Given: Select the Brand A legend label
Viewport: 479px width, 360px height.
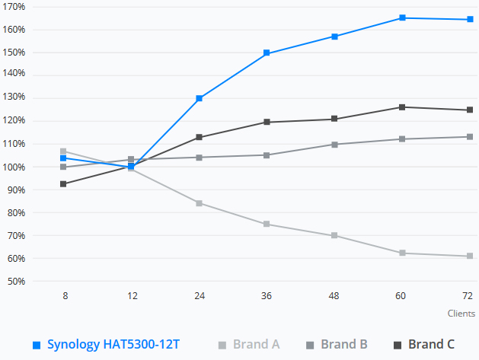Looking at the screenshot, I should coord(256,345).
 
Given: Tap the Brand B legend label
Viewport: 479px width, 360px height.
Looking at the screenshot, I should coord(343,345).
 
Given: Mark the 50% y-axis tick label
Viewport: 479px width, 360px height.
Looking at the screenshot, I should coord(15,282).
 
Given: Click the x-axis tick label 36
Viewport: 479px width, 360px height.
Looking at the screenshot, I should coord(267,295).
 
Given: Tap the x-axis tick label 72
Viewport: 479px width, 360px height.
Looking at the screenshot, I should coord(468,295).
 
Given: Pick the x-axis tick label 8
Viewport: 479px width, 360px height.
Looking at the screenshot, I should coord(65,295).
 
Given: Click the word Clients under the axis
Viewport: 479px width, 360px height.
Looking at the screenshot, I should coord(461,313).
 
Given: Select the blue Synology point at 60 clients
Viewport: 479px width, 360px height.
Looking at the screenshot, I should coord(401,18).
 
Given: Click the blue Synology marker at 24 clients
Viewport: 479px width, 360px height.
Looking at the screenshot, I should coord(200,98).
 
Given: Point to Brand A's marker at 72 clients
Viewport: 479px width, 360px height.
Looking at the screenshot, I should coord(468,256).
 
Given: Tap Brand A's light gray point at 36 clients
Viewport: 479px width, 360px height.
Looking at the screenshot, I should coord(267,224).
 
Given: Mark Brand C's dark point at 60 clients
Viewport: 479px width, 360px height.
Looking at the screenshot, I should coord(401,107).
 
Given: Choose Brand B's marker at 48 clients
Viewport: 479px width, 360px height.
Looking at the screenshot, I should coord(334,144).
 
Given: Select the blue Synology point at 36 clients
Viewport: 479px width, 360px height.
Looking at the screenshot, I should coord(267,53).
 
